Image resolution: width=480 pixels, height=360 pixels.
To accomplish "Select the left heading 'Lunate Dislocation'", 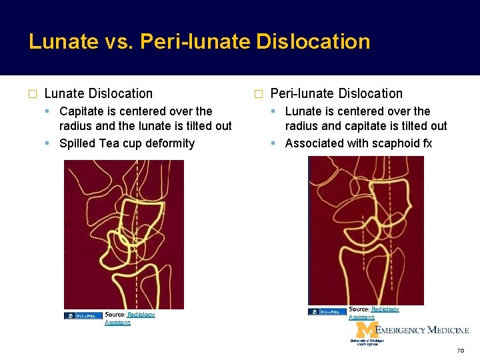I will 98,94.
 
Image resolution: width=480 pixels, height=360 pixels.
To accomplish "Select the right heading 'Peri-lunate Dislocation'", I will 336,94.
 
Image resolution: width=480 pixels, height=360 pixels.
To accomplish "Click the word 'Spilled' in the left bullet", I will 78,143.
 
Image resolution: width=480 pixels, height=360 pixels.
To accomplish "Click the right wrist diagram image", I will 365,230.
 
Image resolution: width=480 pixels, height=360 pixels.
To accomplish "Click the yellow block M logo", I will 366,330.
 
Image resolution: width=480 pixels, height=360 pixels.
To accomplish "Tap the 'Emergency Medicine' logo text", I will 423,330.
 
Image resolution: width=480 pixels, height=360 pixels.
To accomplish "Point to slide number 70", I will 460,350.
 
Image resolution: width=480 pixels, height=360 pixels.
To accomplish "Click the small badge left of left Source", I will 83,315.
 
